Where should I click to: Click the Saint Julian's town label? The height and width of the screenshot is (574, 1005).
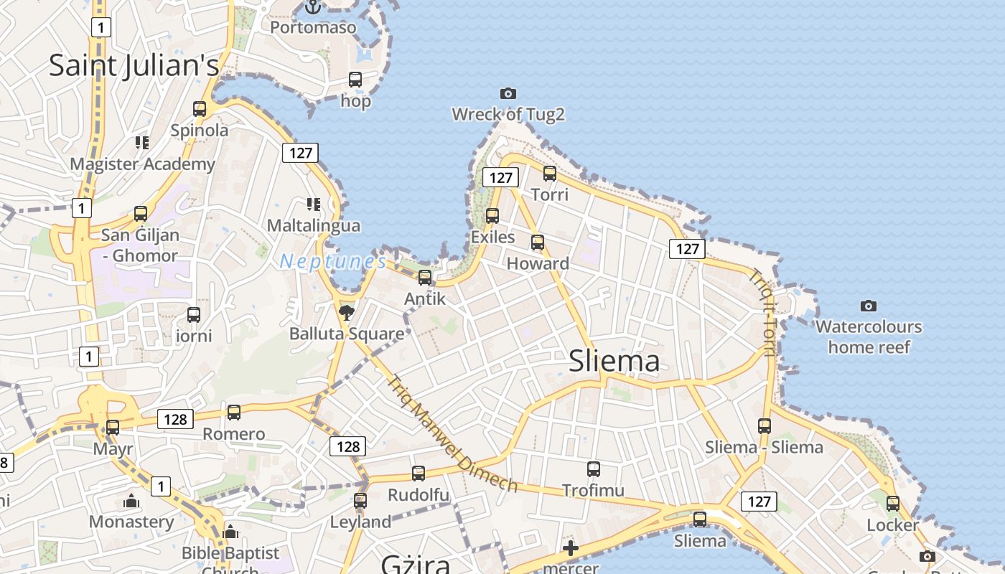[134, 65]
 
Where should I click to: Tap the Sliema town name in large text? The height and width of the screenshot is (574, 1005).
[614, 361]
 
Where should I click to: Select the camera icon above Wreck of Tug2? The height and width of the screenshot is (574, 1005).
[508, 93]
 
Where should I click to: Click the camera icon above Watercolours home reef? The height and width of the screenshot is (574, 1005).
[869, 306]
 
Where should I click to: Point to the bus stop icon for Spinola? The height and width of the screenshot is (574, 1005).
[200, 109]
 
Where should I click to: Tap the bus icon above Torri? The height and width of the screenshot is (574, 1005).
[550, 173]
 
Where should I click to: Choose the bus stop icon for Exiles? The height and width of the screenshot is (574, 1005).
[492, 215]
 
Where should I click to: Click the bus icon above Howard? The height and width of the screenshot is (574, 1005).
[538, 243]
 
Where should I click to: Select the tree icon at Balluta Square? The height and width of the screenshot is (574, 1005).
[347, 312]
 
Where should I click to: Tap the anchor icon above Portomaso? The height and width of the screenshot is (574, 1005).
[312, 7]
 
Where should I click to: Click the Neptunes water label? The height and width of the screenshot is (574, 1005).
[333, 262]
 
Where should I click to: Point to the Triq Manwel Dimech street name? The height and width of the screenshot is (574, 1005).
[452, 433]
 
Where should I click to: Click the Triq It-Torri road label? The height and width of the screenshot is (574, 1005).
[762, 312]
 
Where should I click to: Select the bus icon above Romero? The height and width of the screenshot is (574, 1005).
[234, 413]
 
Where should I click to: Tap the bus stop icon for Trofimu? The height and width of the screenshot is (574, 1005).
[594, 469]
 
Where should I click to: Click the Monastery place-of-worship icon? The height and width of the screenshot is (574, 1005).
[131, 501]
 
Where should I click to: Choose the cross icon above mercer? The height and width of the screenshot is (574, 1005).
[571, 549]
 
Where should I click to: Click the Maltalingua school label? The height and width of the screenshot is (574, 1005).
[313, 225]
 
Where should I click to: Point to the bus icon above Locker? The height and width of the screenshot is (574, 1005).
[893, 504]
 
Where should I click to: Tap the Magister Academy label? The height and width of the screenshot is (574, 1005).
[142, 164]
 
